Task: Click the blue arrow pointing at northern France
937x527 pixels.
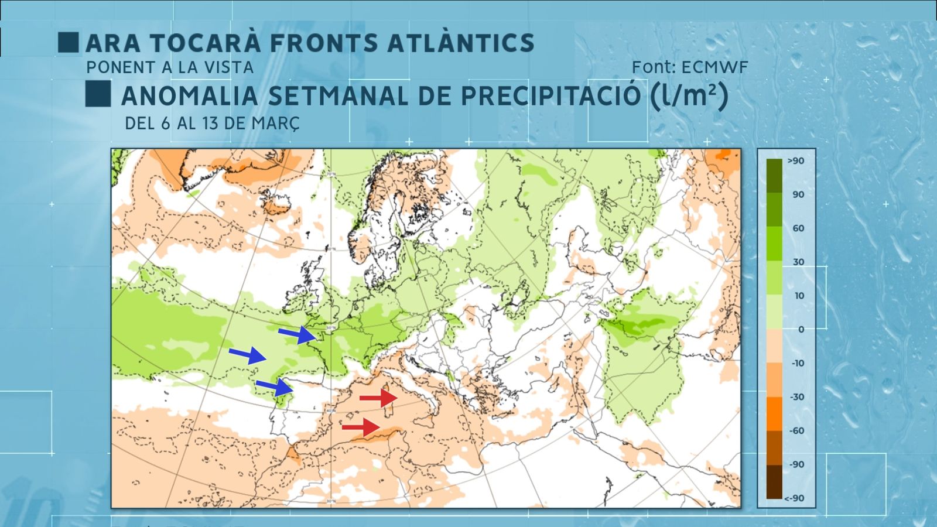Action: click(297, 334)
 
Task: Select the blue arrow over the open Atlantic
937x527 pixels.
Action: click(247, 354)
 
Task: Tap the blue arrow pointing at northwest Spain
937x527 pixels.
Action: click(275, 386)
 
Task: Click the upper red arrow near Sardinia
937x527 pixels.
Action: click(378, 398)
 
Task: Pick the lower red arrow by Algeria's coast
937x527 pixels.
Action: click(361, 427)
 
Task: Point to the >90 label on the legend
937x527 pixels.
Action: click(795, 161)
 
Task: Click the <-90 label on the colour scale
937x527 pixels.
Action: click(794, 498)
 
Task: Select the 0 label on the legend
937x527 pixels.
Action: click(801, 330)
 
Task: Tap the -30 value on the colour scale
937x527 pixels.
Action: click(797, 397)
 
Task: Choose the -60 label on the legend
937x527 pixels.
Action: click(797, 431)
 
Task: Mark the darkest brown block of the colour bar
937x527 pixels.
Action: click(774, 482)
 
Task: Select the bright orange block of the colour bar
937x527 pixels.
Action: click(774, 414)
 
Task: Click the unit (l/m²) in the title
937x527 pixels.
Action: click(689, 95)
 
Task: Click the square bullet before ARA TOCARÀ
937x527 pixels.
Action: click(69, 43)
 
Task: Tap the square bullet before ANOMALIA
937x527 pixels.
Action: click(98, 94)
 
